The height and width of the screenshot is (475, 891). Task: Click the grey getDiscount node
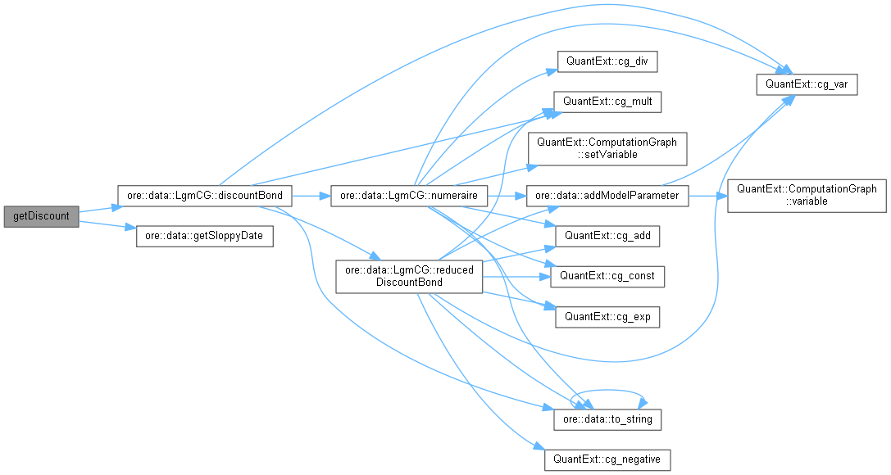(x=41, y=217)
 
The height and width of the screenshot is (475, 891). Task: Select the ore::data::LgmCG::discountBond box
(x=205, y=197)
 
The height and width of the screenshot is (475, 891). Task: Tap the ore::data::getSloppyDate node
(x=203, y=237)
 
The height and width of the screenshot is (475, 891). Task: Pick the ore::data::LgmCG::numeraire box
(x=410, y=197)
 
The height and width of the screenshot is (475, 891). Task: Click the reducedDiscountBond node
(x=409, y=276)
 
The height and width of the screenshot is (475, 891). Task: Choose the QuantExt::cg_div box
(x=607, y=61)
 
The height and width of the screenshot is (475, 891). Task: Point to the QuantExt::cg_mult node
(x=607, y=102)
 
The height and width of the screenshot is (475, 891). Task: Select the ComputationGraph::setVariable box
(x=607, y=148)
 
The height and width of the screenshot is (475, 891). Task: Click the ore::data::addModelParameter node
(x=607, y=197)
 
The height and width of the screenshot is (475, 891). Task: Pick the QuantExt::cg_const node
(x=607, y=276)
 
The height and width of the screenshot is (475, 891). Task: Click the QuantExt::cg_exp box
(x=607, y=316)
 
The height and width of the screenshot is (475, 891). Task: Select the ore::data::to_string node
(x=607, y=419)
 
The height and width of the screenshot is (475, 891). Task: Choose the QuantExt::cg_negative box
(x=607, y=459)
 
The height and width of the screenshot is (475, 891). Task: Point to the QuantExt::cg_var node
(x=806, y=84)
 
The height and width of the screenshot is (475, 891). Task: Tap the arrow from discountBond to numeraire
(x=311, y=197)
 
